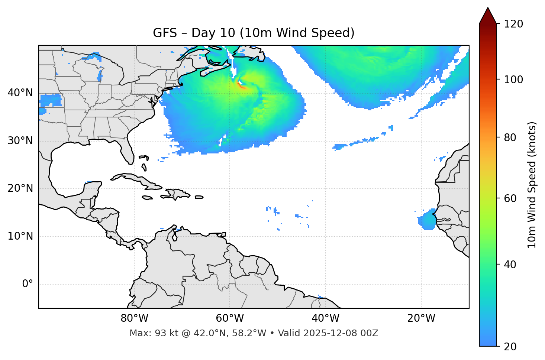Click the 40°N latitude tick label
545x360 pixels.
pyautogui.click(x=20, y=93)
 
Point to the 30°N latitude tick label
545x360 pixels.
pyautogui.click(x=20, y=141)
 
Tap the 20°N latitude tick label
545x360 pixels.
pyautogui.click(x=20, y=188)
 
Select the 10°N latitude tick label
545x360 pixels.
pyautogui.click(x=20, y=236)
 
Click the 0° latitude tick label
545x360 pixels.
pyautogui.click(x=28, y=284)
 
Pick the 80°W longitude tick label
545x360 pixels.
pyautogui.click(x=134, y=318)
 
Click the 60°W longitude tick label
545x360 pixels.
pyautogui.click(x=230, y=318)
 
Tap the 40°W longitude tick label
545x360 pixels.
pyautogui.click(x=326, y=318)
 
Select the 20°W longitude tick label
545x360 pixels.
pyautogui.click(x=421, y=318)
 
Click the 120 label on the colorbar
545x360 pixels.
pyautogui.click(x=513, y=24)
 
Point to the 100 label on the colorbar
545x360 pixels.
pyautogui.click(x=513, y=80)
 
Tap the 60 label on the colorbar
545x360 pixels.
pyautogui.click(x=510, y=198)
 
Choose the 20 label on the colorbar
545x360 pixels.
pyautogui.click(x=510, y=347)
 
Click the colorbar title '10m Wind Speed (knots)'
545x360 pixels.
pyautogui.click(x=532, y=185)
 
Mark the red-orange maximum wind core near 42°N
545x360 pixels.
pyautogui.click(x=241, y=86)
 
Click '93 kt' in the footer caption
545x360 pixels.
pyautogui.click(x=164, y=333)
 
